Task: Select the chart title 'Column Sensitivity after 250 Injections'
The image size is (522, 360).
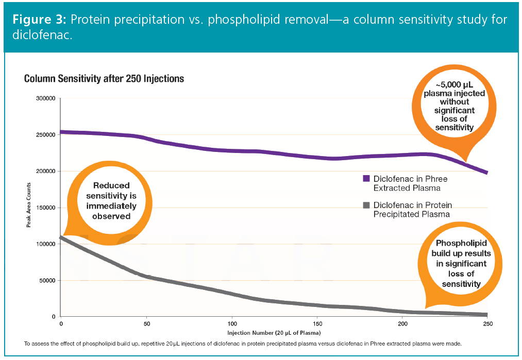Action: pyautogui.click(x=104, y=79)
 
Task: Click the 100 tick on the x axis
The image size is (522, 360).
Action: pyautogui.click(x=231, y=324)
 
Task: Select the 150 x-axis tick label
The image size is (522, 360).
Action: pyautogui.click(x=317, y=324)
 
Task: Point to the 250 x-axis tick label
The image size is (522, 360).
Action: pyautogui.click(x=487, y=324)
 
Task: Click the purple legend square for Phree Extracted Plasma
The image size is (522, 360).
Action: pyautogui.click(x=366, y=178)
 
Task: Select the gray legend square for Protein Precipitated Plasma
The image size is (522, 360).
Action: pyautogui.click(x=366, y=205)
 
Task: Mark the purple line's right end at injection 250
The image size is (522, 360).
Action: pyautogui.click(x=486, y=173)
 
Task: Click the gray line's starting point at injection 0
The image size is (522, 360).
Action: pyautogui.click(x=61, y=238)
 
